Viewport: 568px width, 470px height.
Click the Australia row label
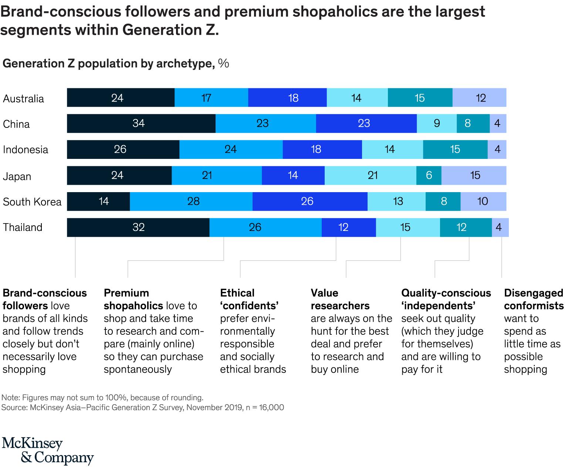tap(23, 99)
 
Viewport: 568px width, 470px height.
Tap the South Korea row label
tap(32, 202)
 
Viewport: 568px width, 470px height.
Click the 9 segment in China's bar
tap(437, 123)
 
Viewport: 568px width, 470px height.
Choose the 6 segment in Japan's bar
tap(429, 175)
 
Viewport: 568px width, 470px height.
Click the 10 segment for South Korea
tap(483, 201)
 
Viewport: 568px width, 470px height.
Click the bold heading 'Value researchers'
tap(340, 299)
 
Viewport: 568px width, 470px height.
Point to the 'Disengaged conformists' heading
tap(534, 299)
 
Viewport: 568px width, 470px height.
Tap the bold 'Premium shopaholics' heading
tap(133, 299)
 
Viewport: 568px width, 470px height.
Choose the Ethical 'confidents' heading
tap(249, 299)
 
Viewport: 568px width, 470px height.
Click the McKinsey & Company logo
tap(48, 451)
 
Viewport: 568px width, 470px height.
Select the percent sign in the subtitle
tap(223, 64)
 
